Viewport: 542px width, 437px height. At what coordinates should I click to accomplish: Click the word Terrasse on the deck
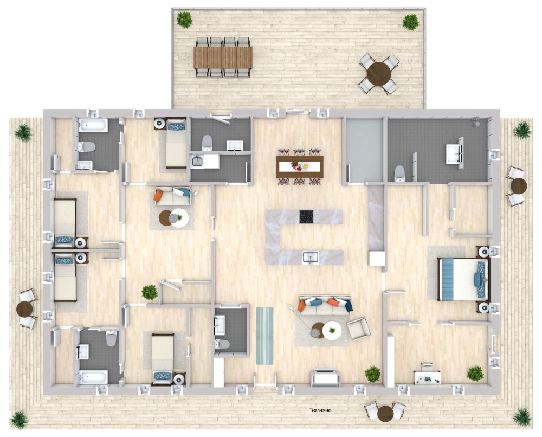pyautogui.click(x=320, y=410)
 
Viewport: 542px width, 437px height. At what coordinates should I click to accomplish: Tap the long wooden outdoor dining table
pyautogui.click(x=223, y=57)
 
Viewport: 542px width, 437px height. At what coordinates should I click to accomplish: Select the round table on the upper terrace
pyautogui.click(x=379, y=73)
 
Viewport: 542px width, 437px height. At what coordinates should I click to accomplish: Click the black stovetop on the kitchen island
pyautogui.click(x=306, y=216)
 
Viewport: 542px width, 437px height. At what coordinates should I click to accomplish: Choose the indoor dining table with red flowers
pyautogui.click(x=299, y=166)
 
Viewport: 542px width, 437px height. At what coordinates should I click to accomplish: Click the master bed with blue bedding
pyautogui.click(x=462, y=279)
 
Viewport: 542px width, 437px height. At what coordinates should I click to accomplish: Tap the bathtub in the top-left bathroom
pyautogui.click(x=93, y=126)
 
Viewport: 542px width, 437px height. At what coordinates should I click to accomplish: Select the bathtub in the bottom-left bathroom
pyautogui.click(x=93, y=376)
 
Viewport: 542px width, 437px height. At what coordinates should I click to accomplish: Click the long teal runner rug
pyautogui.click(x=264, y=336)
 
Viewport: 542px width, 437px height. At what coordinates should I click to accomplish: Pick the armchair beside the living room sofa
pyautogui.click(x=358, y=328)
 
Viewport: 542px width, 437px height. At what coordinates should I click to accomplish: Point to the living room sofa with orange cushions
pyautogui.click(x=325, y=306)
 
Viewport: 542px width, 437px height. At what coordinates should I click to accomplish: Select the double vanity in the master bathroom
pyautogui.click(x=454, y=152)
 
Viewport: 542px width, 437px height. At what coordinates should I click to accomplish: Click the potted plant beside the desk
pyautogui.click(x=475, y=373)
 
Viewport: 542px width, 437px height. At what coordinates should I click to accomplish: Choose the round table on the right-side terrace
pyautogui.click(x=519, y=186)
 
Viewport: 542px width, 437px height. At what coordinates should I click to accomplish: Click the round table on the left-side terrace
pyautogui.click(x=24, y=310)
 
